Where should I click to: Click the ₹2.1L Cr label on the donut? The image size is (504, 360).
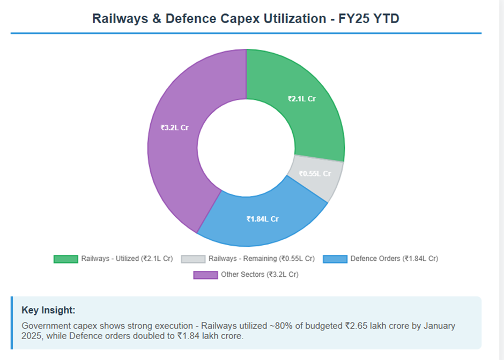click(302, 99)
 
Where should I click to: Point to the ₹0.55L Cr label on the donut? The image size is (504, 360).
click(315, 174)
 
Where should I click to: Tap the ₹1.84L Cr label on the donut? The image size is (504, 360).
click(262, 219)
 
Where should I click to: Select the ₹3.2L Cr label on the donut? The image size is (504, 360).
click(174, 128)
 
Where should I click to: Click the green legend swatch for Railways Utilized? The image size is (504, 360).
click(65, 259)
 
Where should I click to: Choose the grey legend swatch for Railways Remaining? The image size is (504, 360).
click(193, 259)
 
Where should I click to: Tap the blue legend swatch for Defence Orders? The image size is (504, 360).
click(335, 259)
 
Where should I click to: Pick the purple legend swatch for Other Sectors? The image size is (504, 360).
click(205, 275)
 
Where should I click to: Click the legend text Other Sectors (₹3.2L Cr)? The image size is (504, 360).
click(260, 275)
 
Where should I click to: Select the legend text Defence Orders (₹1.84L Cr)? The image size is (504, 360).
click(394, 259)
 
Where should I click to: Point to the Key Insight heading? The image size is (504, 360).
click(48, 310)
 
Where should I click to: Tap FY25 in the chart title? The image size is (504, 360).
click(353, 18)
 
